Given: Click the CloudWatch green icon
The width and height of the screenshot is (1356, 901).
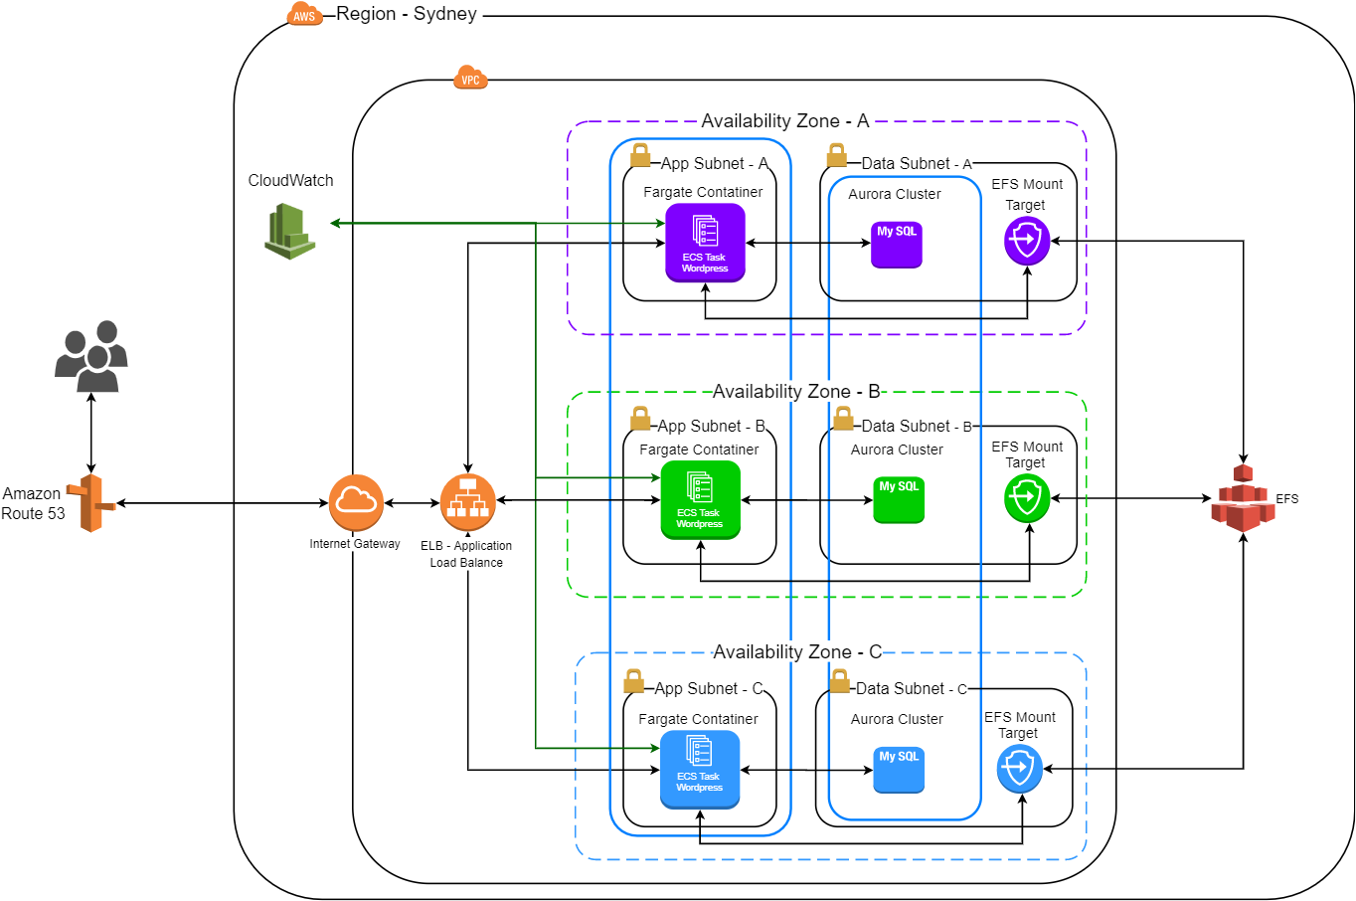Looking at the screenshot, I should (290, 231).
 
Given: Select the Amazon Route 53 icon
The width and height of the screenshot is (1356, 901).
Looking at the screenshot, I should (91, 503).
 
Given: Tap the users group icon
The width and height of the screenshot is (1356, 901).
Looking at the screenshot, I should (91, 356).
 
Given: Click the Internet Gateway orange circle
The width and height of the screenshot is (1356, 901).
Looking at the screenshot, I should (356, 502).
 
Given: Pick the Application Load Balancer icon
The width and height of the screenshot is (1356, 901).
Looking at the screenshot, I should (467, 502).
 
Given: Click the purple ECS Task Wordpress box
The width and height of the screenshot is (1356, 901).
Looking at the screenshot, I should (705, 243).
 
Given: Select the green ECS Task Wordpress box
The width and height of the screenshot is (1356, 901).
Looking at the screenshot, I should (700, 500).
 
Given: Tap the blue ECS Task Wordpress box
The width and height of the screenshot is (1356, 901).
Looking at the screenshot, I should (700, 770).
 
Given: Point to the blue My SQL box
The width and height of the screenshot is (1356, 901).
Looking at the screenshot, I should (899, 770).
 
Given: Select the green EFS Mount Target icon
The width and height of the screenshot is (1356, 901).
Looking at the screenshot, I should (1027, 498).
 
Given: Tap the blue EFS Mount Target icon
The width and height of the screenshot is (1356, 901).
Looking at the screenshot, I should (1020, 769).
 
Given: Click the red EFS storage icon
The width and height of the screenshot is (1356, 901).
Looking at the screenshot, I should (1243, 498).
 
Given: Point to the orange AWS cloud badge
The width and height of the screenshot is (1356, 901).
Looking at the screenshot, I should (304, 15).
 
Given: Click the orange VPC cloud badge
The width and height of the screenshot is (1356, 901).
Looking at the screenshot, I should (470, 79).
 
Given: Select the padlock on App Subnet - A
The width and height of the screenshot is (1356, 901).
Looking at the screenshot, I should (640, 155).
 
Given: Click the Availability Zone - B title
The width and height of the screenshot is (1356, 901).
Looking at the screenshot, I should (796, 392).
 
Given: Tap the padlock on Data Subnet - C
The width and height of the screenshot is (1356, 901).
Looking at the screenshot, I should (840, 681).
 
